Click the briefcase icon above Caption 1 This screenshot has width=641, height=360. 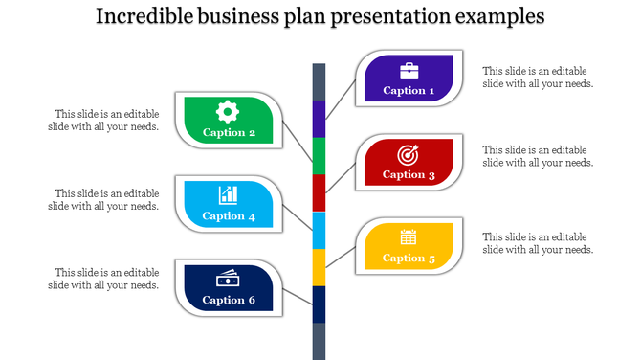pos(409,70)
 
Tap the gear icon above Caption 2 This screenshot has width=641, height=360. pos(228,110)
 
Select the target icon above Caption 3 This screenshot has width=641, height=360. pos(409,153)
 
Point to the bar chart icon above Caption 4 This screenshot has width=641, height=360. pos(228,194)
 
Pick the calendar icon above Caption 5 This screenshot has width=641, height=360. pos(409,237)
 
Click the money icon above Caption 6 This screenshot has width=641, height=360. pos(228,279)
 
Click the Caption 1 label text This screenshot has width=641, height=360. pos(409,91)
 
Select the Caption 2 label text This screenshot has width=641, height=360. pos(229,133)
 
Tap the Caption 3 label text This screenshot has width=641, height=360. pos(409,174)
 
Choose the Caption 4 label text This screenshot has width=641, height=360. pos(229,216)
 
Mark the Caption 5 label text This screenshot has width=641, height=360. pos(409,258)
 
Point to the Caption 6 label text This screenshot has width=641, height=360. pos(229,300)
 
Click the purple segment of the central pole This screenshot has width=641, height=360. pos(319,119)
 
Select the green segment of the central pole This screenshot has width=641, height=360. pos(319,156)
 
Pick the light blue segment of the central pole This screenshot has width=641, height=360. pos(319,231)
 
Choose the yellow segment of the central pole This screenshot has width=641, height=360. pos(319,267)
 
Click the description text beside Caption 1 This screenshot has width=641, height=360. pos(538,77)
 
